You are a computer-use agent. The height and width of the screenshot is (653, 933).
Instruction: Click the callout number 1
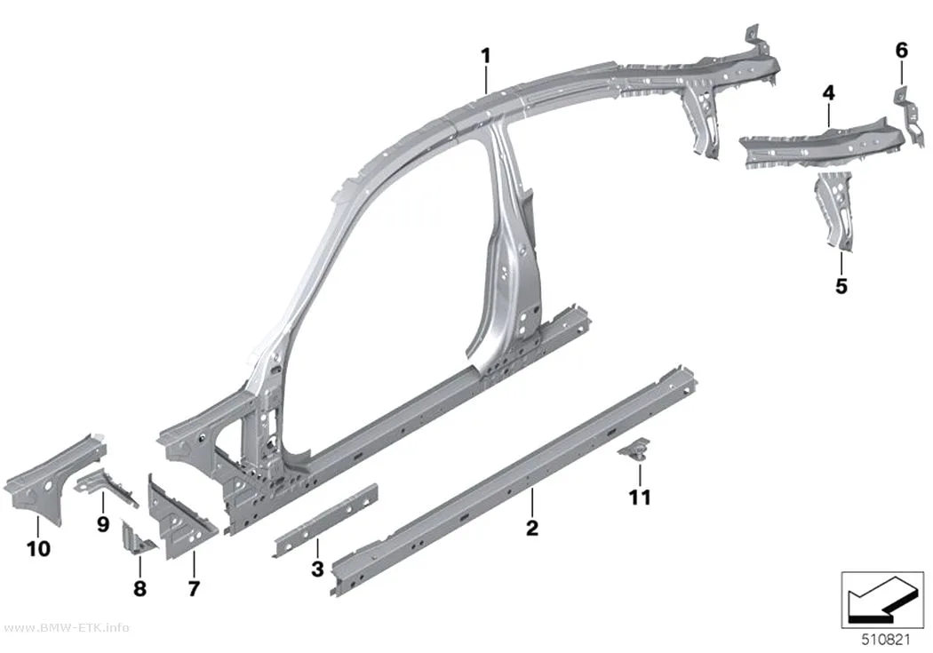point(486,56)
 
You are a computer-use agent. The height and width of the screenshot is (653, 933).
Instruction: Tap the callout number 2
point(532,527)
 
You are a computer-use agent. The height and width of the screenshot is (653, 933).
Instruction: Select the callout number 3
point(318,569)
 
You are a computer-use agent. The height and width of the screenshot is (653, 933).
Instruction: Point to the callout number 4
point(828,92)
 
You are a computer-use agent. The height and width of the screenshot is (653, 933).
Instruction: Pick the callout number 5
point(841,286)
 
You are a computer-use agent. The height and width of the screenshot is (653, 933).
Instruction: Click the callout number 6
point(902,51)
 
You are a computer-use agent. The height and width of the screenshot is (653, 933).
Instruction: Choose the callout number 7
point(194,588)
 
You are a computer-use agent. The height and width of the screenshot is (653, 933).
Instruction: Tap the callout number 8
point(140,588)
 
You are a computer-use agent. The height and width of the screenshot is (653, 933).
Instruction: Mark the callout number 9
point(103,524)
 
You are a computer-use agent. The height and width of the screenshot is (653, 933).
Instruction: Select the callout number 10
point(39,548)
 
